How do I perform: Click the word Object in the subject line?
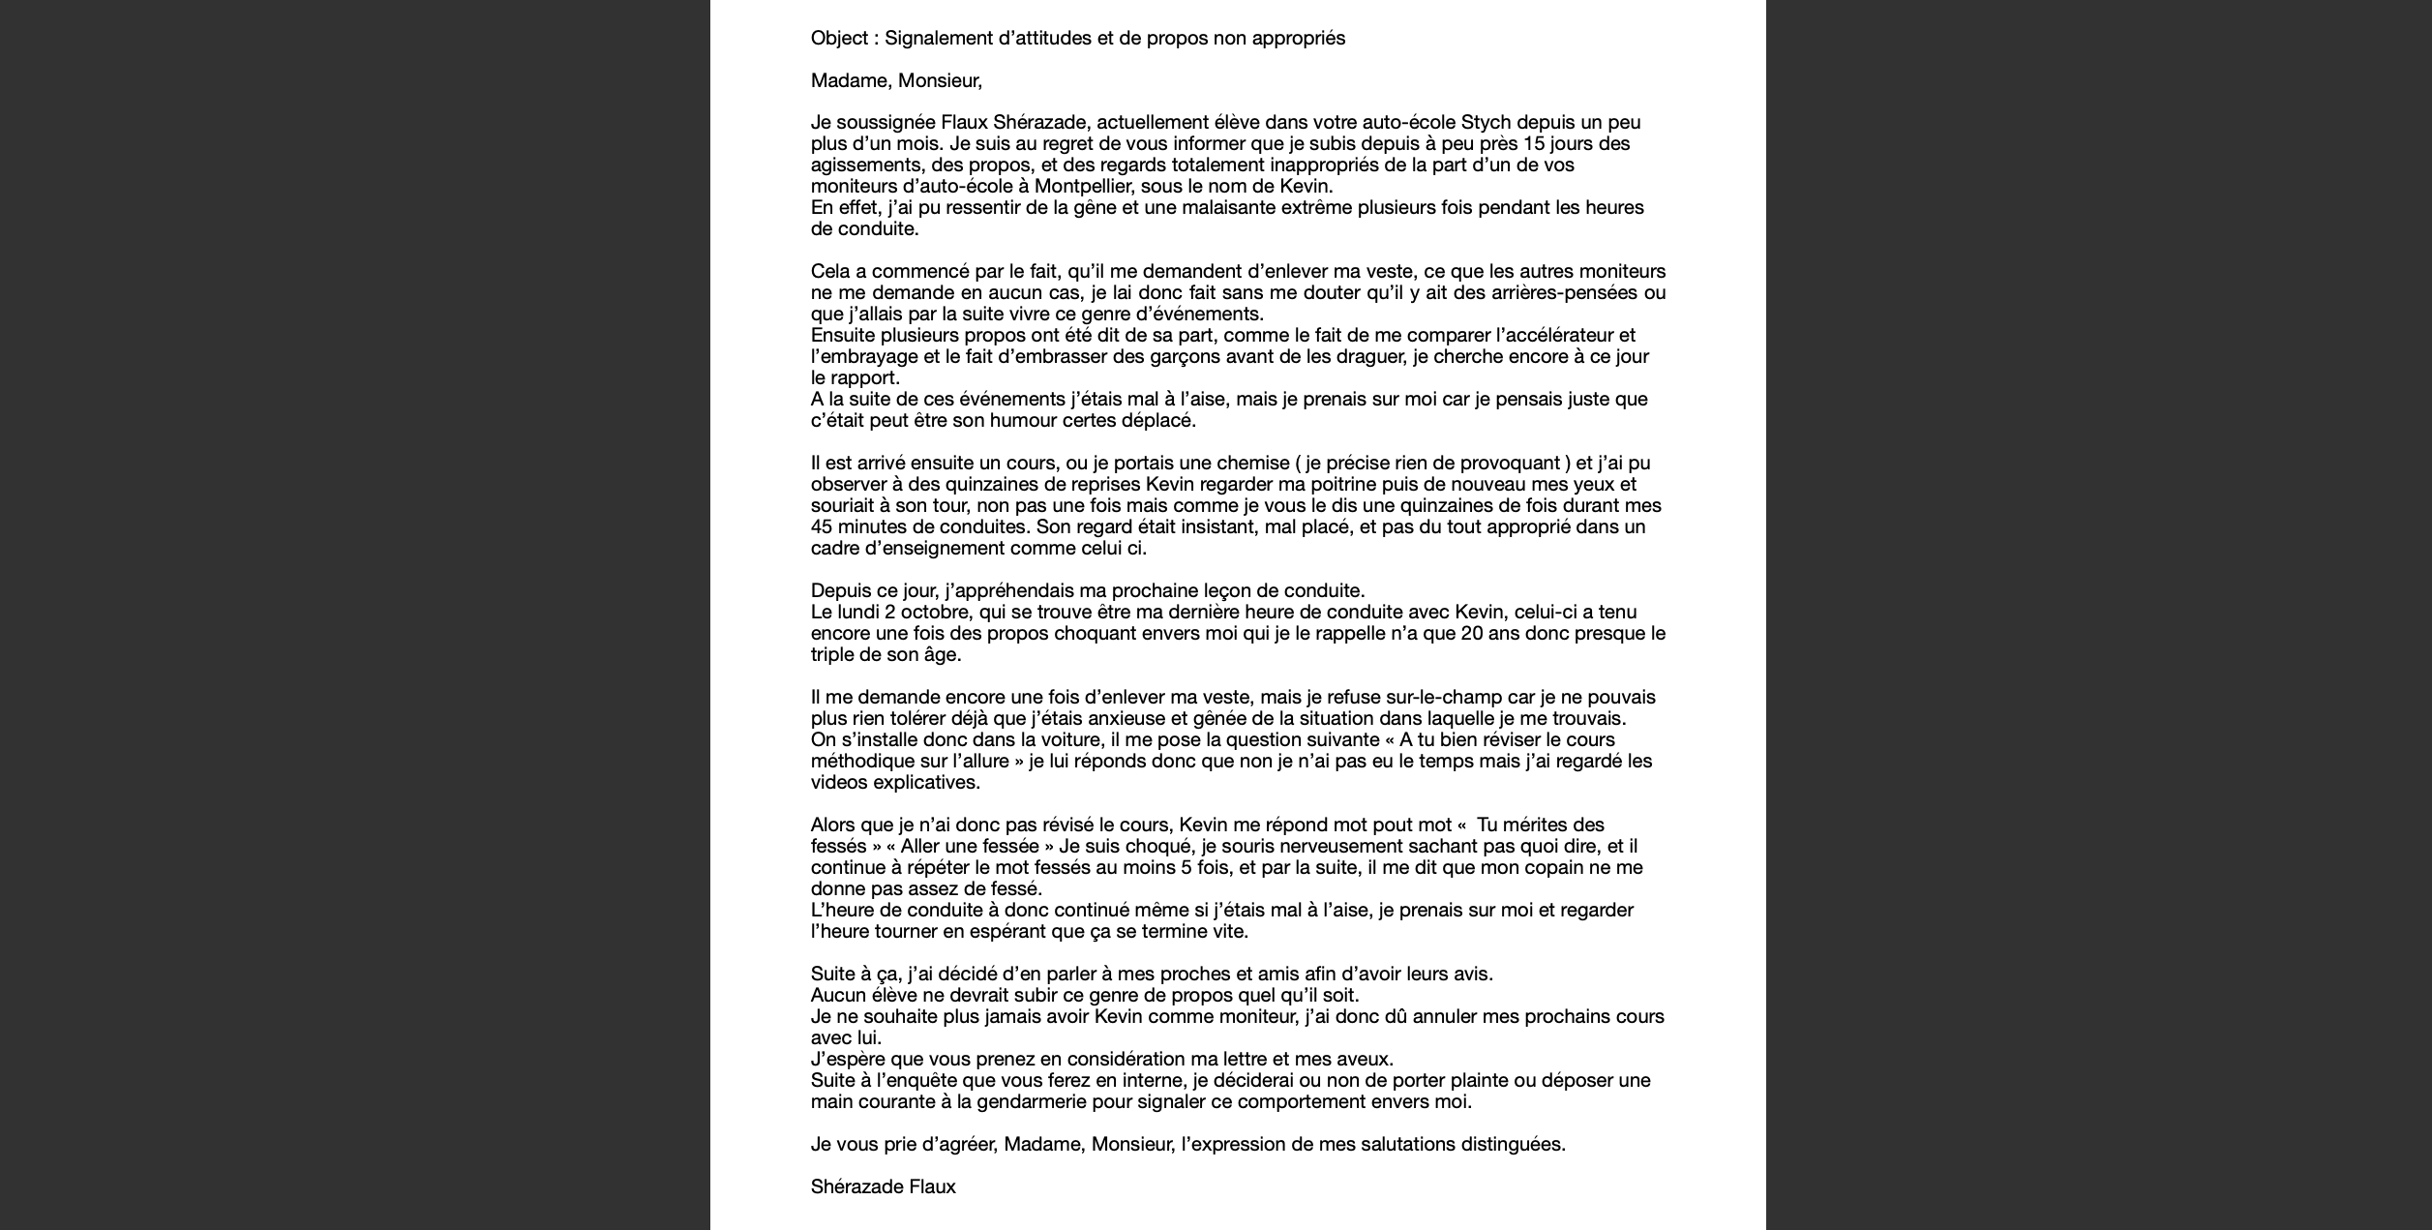pos(838,39)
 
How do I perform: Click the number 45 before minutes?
pos(822,527)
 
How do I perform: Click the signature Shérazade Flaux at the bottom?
pos(883,1187)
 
